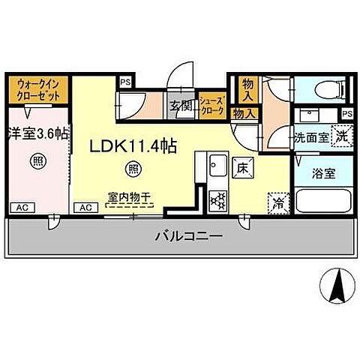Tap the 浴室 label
pyautogui.click(x=324, y=172)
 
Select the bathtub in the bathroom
pyautogui.click(x=323, y=201)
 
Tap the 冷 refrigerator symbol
pyautogui.click(x=277, y=201)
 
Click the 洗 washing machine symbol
pyautogui.click(x=341, y=137)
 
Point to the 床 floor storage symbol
pyautogui.click(x=242, y=168)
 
